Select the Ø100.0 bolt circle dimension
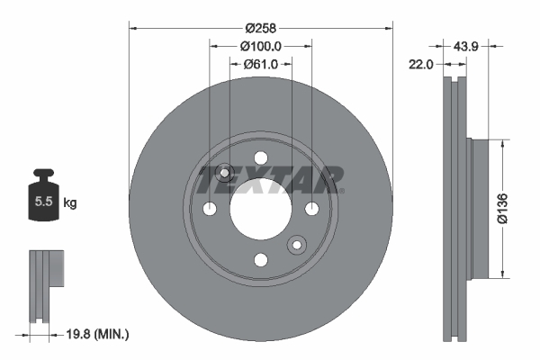click(261, 45)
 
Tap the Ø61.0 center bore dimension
click(261, 64)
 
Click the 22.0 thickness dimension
click(421, 64)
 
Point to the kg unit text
click(70, 203)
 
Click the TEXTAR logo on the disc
click(270, 180)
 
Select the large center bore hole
click(261, 209)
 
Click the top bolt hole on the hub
click(261, 157)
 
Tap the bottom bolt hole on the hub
click(261, 260)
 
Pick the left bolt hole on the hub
click(210, 209)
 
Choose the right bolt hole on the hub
click(312, 209)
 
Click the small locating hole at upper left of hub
click(225, 173)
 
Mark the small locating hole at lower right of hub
click(296, 245)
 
